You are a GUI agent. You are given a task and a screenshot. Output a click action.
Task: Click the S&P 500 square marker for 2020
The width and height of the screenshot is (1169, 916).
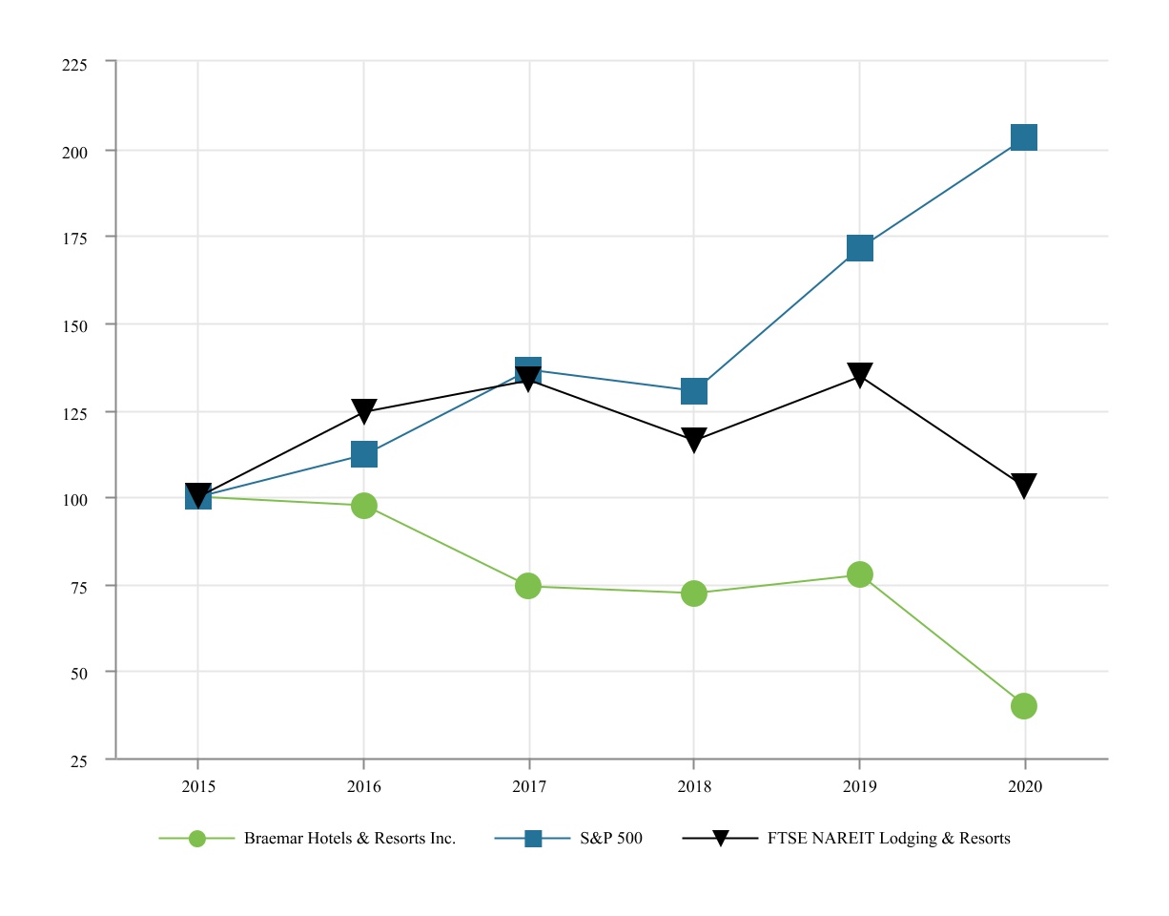pos(1024,137)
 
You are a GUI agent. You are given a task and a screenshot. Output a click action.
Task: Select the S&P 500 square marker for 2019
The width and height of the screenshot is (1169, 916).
pos(859,249)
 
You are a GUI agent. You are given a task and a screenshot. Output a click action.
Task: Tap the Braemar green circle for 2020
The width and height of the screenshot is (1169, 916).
pos(1024,706)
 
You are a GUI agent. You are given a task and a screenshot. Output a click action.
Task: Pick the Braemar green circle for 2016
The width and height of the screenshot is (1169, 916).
pos(363,506)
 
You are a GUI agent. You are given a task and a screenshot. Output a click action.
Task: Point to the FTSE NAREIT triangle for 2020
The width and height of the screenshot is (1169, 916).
pos(1024,486)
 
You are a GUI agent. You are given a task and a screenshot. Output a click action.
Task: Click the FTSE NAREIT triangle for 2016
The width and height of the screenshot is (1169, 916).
pos(363,410)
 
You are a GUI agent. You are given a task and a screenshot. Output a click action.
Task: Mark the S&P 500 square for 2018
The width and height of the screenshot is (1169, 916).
pos(694,391)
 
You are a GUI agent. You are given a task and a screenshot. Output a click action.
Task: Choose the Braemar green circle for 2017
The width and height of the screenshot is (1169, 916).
pos(528,586)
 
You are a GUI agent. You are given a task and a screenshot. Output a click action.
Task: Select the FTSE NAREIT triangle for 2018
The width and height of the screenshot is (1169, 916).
pos(694,440)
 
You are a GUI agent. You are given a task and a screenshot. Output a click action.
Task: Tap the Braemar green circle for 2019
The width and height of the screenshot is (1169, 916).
pos(859,574)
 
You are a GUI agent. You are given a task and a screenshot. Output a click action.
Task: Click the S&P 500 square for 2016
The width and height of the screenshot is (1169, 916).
pos(363,454)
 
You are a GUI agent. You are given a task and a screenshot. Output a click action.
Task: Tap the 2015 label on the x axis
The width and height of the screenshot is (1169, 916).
pos(198,787)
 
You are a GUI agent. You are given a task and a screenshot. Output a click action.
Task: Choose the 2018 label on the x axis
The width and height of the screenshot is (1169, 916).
pos(694,787)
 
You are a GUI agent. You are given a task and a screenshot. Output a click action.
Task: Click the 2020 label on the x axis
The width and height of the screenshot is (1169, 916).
pos(1024,787)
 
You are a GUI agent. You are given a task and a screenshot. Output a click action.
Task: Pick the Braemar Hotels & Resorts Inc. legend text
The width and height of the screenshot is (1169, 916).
pos(350,839)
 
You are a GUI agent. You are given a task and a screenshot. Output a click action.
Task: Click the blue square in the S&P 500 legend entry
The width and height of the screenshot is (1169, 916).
pos(533,839)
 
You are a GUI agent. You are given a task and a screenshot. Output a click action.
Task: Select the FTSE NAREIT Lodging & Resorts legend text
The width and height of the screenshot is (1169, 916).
pos(889,839)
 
